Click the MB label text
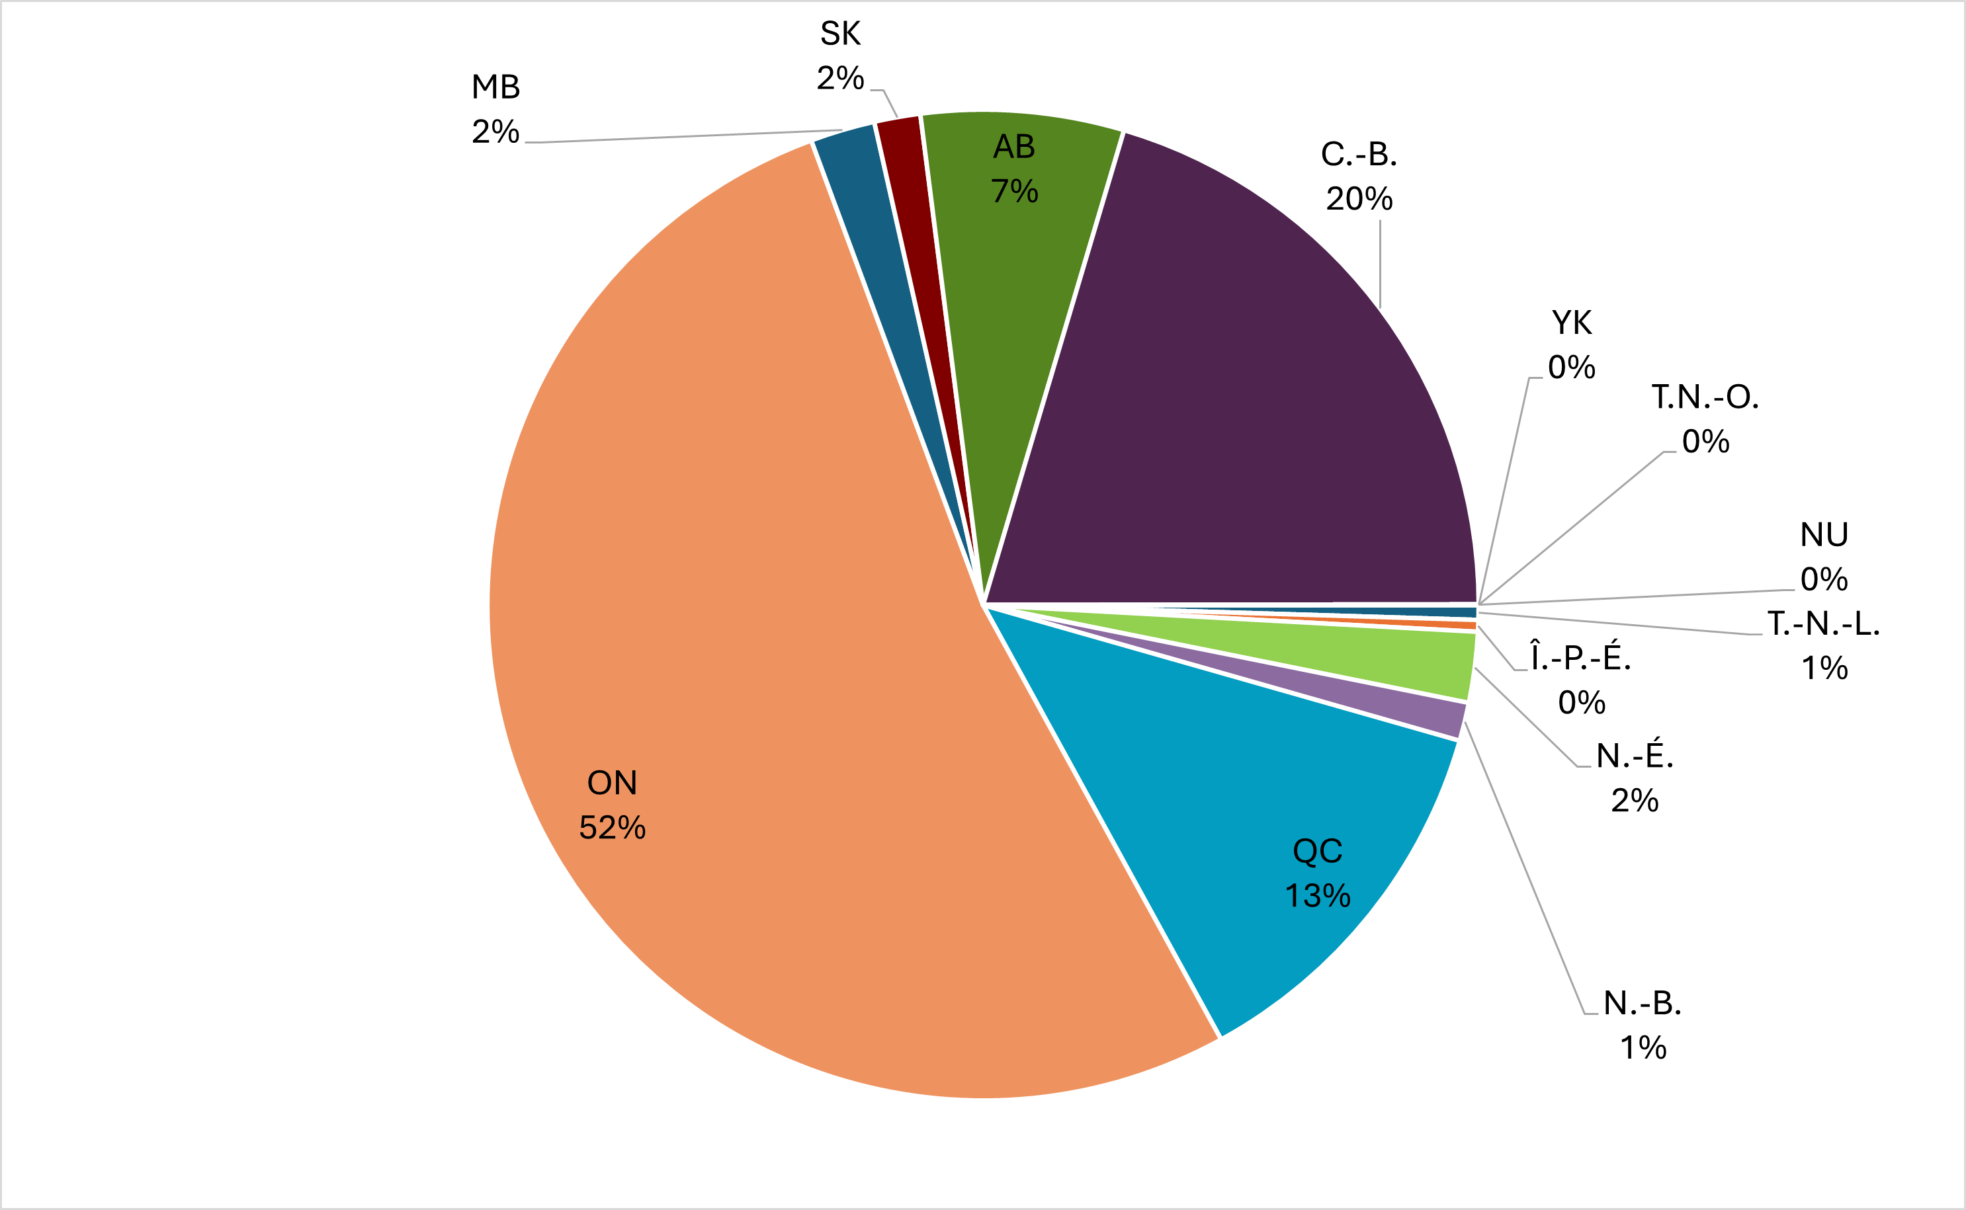[x=495, y=87]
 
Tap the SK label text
[x=839, y=34]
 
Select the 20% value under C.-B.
[x=1359, y=199]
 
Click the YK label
[x=1571, y=323]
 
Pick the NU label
[x=1824, y=534]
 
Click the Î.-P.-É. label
[x=1581, y=658]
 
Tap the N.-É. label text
[x=1635, y=756]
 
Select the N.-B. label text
[x=1643, y=1004]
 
